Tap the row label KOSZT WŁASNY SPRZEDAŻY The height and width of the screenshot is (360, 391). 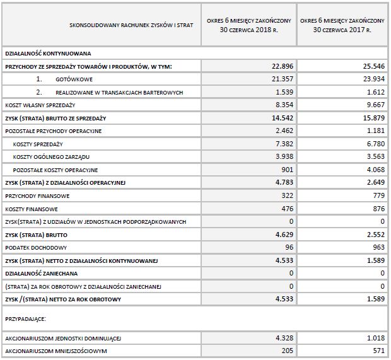point(40,105)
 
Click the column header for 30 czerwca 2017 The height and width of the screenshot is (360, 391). point(343,25)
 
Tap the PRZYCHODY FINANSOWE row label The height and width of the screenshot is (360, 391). point(37,196)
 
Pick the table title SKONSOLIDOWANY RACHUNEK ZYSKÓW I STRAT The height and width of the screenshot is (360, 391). point(130,25)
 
